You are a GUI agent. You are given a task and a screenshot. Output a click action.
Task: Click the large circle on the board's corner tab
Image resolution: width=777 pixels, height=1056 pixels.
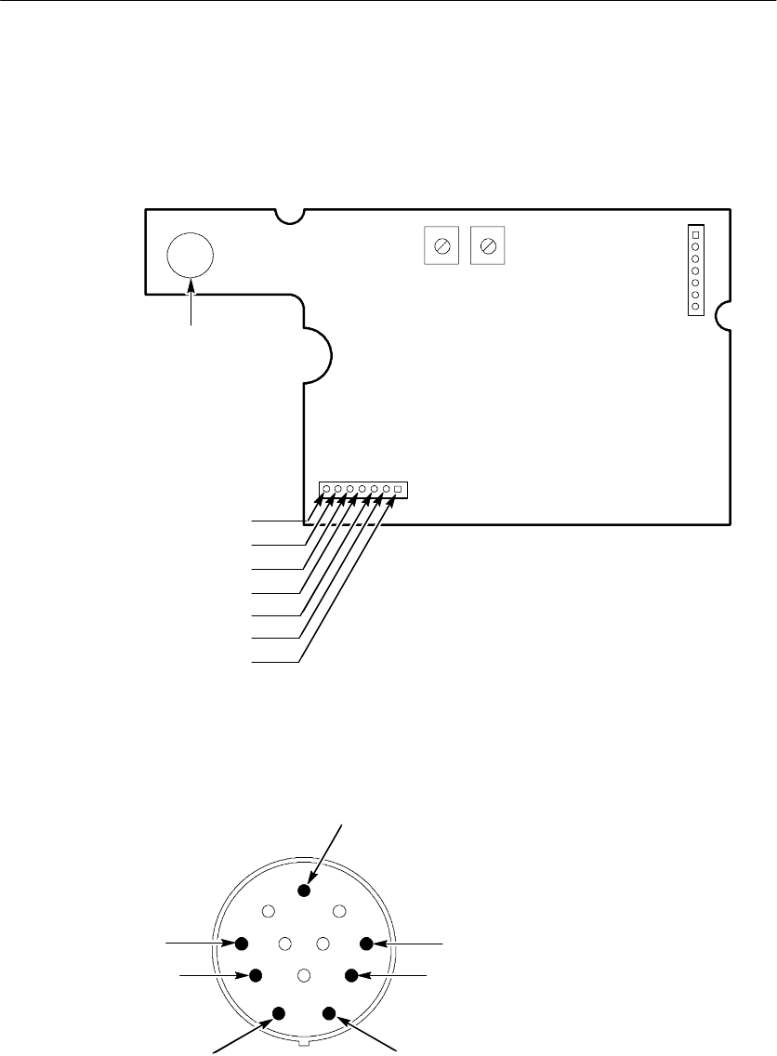tap(190, 254)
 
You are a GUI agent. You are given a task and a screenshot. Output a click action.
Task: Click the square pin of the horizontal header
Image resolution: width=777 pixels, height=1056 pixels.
tap(397, 489)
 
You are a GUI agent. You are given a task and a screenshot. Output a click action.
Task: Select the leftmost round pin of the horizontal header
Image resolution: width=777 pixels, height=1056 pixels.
tap(326, 489)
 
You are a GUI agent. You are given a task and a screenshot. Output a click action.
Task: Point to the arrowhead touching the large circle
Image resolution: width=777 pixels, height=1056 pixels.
tap(191, 283)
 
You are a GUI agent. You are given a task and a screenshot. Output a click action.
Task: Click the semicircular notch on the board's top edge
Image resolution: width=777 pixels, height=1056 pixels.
tap(292, 217)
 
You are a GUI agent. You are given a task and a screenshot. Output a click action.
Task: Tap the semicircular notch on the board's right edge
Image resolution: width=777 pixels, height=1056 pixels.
tap(725, 318)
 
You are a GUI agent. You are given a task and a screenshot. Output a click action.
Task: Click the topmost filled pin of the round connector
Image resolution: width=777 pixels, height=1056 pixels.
tap(303, 890)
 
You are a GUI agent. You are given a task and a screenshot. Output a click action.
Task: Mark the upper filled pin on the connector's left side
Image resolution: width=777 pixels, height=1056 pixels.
tap(242, 944)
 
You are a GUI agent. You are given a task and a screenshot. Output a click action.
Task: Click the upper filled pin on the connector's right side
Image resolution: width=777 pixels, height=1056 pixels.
tap(366, 944)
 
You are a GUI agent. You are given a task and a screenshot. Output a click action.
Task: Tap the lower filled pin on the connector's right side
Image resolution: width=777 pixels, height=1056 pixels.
tap(351, 975)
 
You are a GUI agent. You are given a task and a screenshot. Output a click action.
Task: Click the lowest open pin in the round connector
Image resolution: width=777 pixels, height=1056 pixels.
tap(303, 975)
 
